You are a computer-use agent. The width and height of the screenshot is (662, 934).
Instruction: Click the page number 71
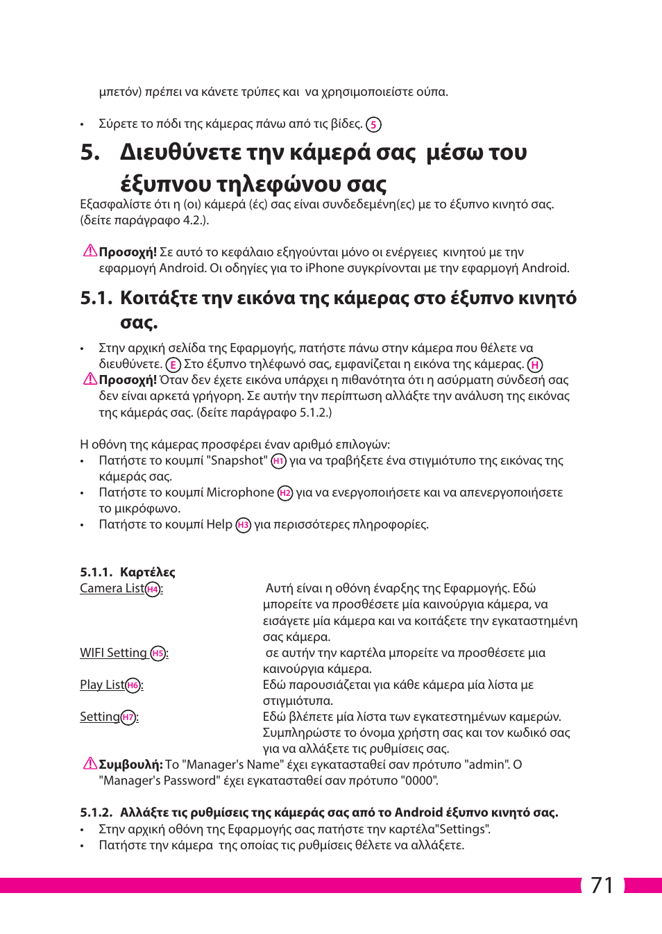tap(602, 885)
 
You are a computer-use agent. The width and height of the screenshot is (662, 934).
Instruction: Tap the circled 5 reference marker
tap(373, 125)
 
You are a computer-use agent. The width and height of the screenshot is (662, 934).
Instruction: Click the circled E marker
tap(173, 365)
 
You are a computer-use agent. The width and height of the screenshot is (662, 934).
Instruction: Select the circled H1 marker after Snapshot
tap(278, 461)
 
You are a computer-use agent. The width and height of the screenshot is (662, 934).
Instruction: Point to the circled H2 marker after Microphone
tap(285, 493)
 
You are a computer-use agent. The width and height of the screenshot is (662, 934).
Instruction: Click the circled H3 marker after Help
tap(243, 525)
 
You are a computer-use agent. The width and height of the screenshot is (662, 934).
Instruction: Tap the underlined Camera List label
tap(112, 588)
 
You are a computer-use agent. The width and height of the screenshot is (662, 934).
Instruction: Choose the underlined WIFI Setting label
tap(113, 653)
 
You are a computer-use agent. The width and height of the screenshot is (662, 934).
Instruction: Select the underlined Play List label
tap(102, 685)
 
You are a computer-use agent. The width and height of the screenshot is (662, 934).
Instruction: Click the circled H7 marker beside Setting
tap(128, 717)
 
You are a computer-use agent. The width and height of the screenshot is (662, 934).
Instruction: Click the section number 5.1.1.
tap(96, 572)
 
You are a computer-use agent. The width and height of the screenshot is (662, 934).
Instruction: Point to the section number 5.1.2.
tap(96, 812)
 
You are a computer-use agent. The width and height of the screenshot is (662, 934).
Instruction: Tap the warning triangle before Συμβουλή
tap(90, 764)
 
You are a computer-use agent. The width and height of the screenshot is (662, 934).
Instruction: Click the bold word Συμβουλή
tap(130, 765)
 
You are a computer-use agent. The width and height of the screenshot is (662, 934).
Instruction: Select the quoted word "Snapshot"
tap(237, 460)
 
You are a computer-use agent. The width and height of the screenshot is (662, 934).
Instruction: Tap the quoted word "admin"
tap(486, 765)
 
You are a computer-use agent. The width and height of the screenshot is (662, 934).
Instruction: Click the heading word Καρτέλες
tap(148, 572)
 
